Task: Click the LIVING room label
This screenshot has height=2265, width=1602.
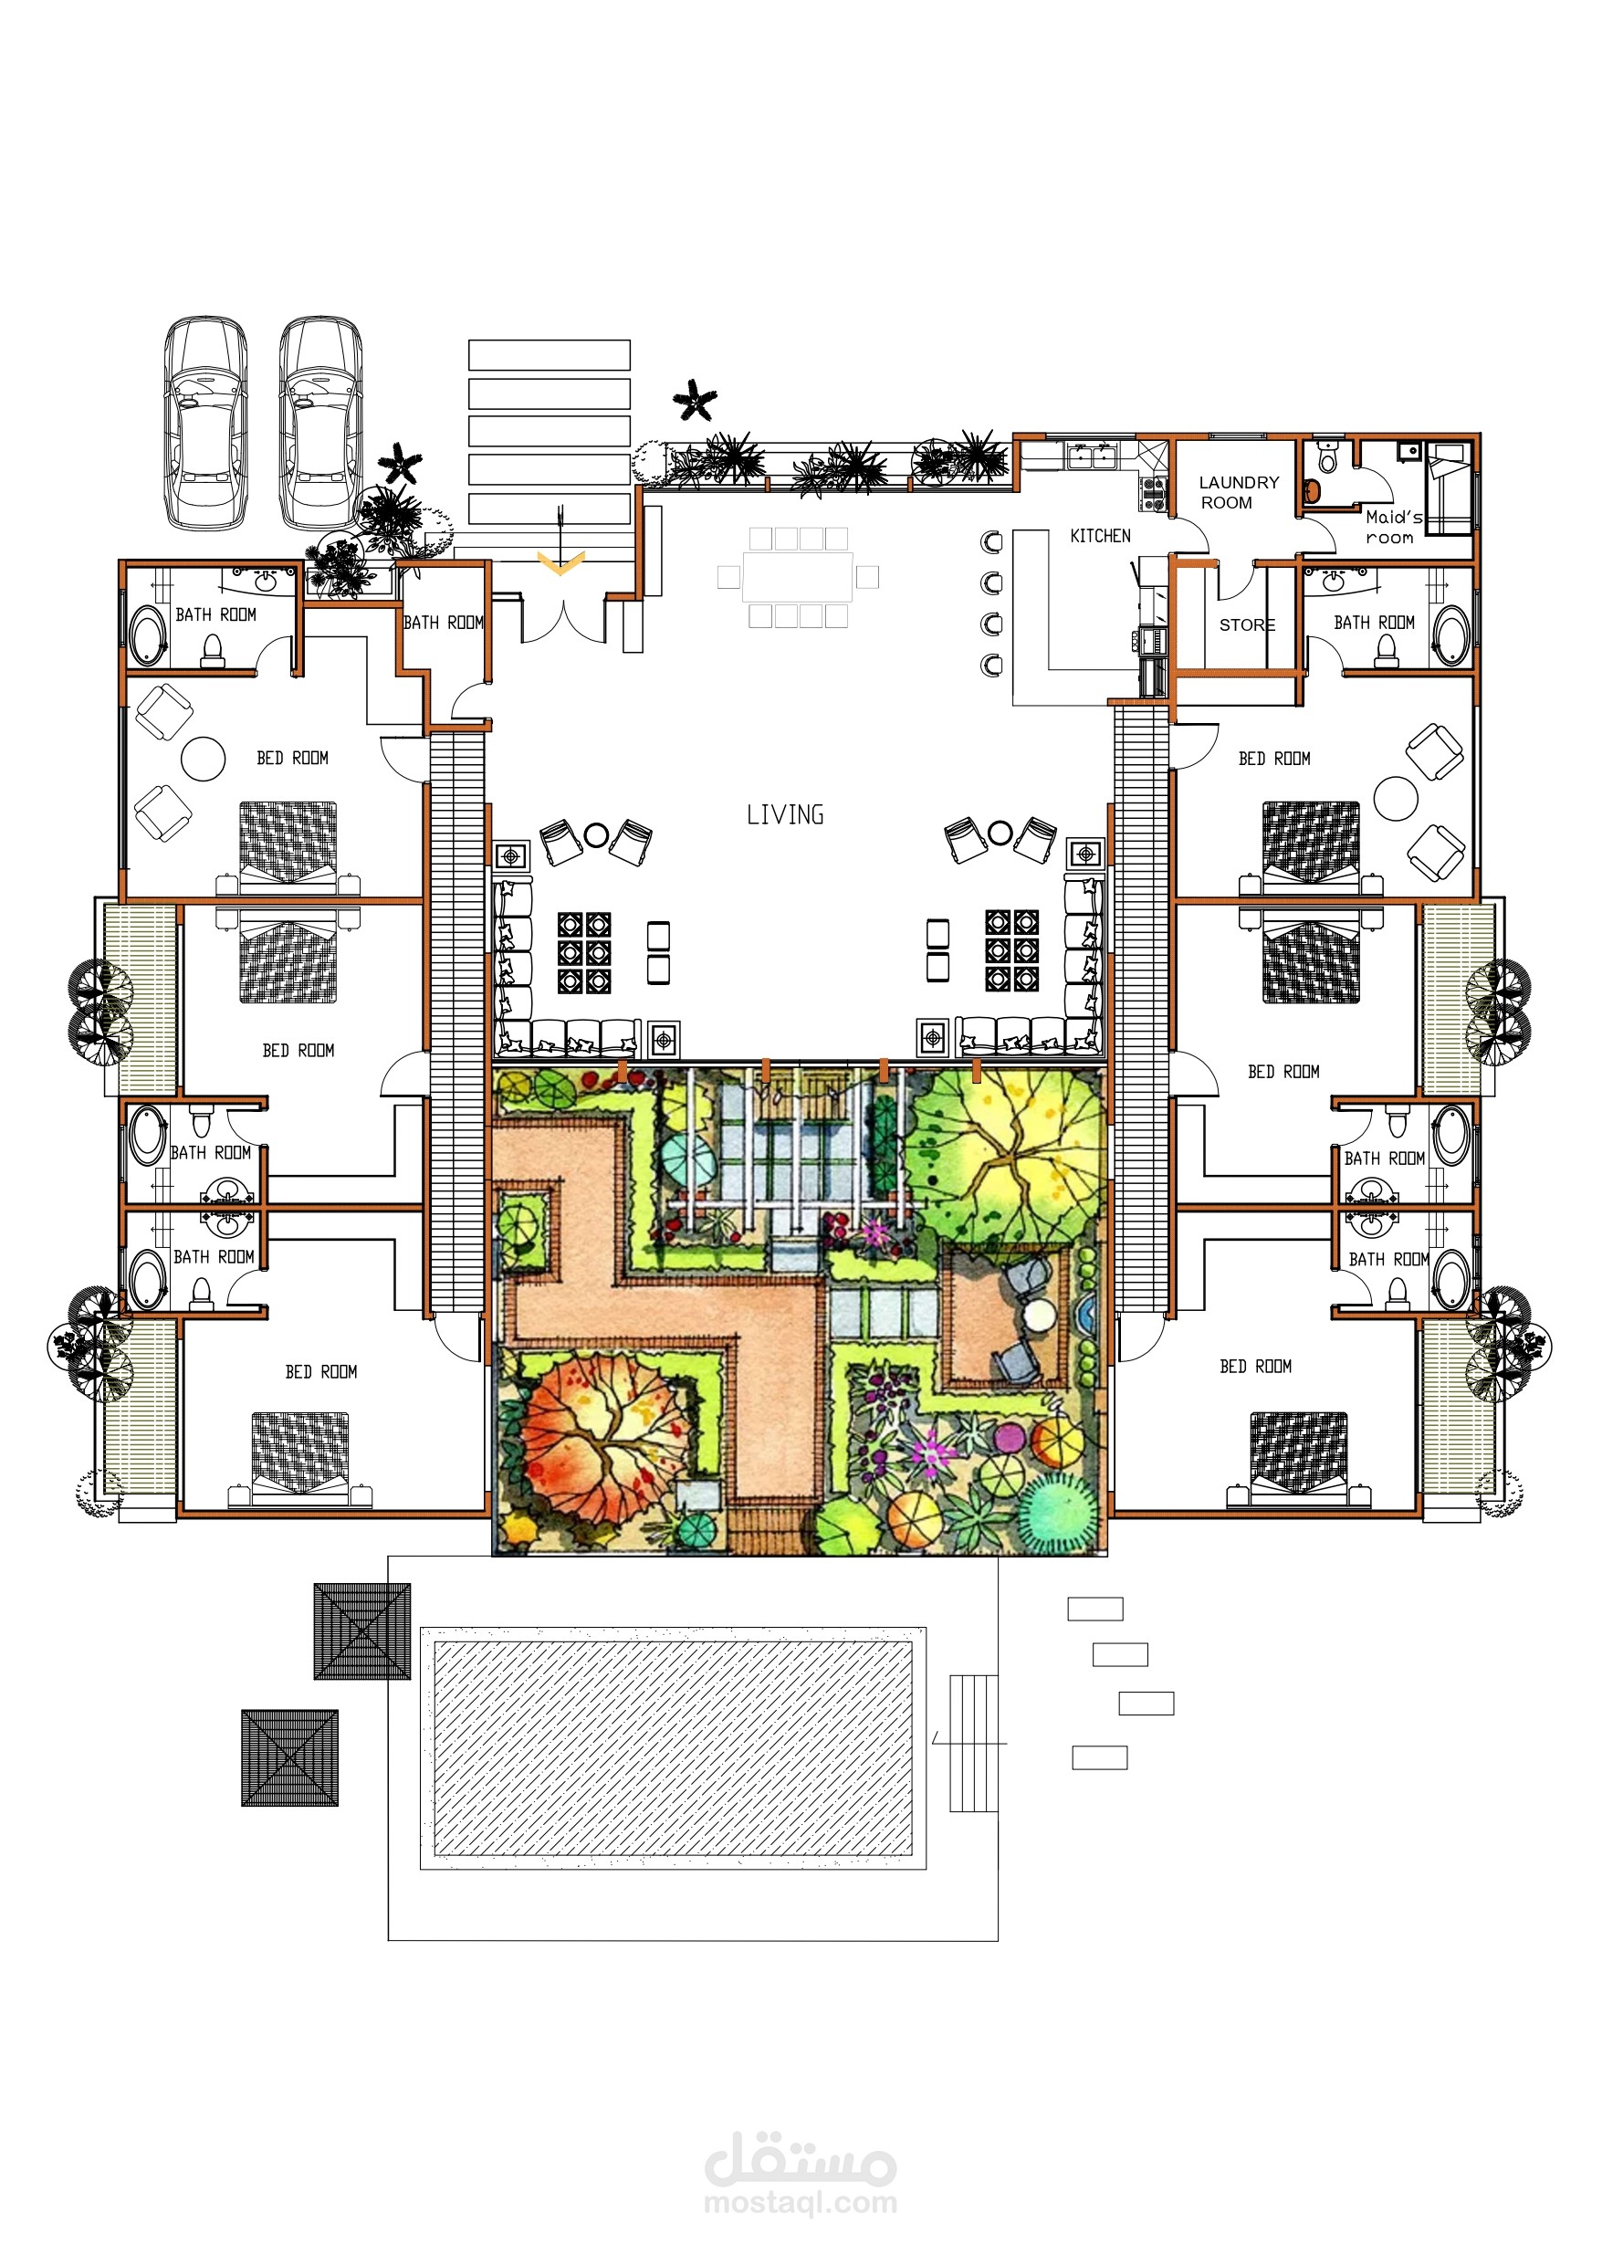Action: [x=785, y=815]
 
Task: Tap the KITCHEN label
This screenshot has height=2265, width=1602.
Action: [x=1100, y=536]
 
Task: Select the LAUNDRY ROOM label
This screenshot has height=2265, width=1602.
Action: [x=1238, y=492]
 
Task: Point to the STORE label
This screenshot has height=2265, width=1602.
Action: [x=1247, y=624]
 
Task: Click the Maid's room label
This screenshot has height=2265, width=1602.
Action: [x=1392, y=527]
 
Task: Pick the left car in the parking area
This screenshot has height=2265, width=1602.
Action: [x=205, y=422]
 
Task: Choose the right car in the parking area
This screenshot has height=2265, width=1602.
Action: [x=320, y=422]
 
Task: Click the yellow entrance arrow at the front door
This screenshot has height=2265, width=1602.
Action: [x=560, y=563]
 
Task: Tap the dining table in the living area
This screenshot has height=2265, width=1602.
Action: [x=798, y=577]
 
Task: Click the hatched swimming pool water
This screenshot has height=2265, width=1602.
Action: [x=673, y=1748]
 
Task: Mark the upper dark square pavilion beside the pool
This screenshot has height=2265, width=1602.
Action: [x=362, y=1631]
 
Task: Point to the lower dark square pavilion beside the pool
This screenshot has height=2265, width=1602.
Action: [x=290, y=1758]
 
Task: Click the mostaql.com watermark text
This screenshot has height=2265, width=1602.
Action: [x=800, y=2202]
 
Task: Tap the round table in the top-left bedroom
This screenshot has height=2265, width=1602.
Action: [x=204, y=759]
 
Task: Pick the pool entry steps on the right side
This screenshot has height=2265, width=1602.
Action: [x=973, y=1743]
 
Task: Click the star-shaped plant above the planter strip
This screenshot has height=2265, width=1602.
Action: [x=696, y=400]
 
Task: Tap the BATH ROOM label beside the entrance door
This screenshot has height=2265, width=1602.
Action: [x=444, y=623]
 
